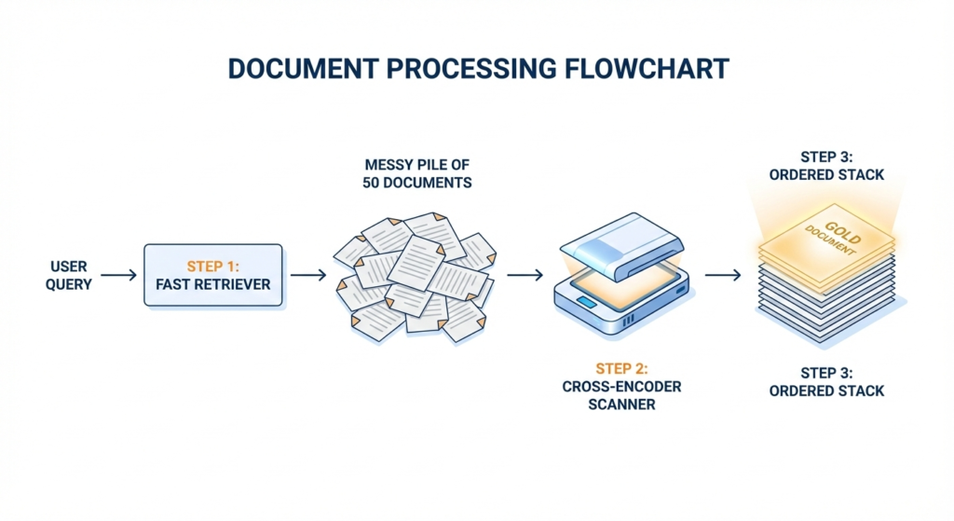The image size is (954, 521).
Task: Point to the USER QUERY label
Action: pos(69,275)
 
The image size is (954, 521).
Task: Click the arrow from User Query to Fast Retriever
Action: pos(118,275)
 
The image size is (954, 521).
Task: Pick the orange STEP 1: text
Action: pos(212,266)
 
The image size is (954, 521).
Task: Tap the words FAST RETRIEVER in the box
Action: pos(212,284)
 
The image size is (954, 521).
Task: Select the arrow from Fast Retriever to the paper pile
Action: pos(308,275)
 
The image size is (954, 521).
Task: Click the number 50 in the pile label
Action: pos(372,183)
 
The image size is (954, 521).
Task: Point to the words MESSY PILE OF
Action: pos(416,164)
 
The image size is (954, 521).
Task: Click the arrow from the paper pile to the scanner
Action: pos(525,275)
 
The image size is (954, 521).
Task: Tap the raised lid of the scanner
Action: pos(615,239)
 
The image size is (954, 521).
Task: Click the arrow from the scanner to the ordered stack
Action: pos(722,275)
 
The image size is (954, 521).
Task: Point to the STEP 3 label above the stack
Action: pos(826,166)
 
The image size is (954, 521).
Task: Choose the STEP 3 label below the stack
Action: pos(826,381)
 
